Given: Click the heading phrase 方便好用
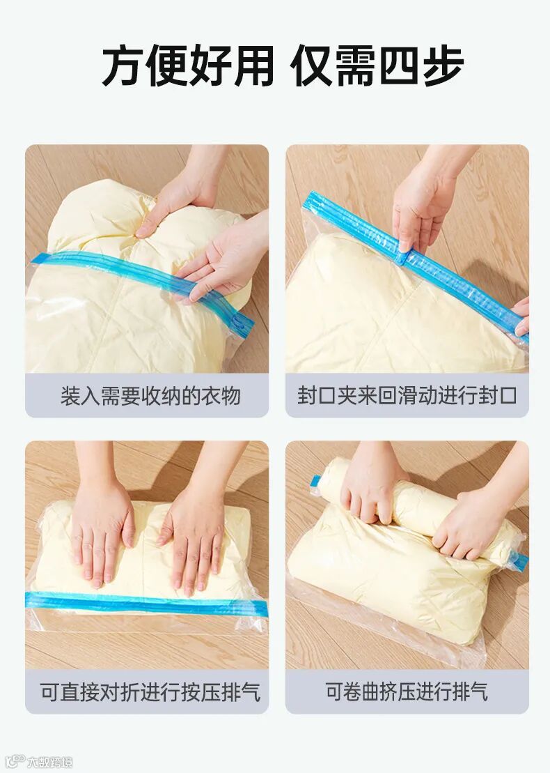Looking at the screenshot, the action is coord(187,65).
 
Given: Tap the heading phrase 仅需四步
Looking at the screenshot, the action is coord(377,65).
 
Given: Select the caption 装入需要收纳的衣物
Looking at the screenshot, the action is coord(150,396).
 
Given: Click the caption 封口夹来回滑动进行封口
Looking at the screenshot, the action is coord(407,396).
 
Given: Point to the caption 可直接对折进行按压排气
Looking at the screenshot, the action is coord(150,691).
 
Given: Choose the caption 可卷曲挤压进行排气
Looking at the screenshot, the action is coord(407,691).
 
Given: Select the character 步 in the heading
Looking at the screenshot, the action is coord(443,65).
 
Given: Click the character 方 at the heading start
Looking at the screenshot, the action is coord(123,65).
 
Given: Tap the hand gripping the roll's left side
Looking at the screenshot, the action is coord(372,488).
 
